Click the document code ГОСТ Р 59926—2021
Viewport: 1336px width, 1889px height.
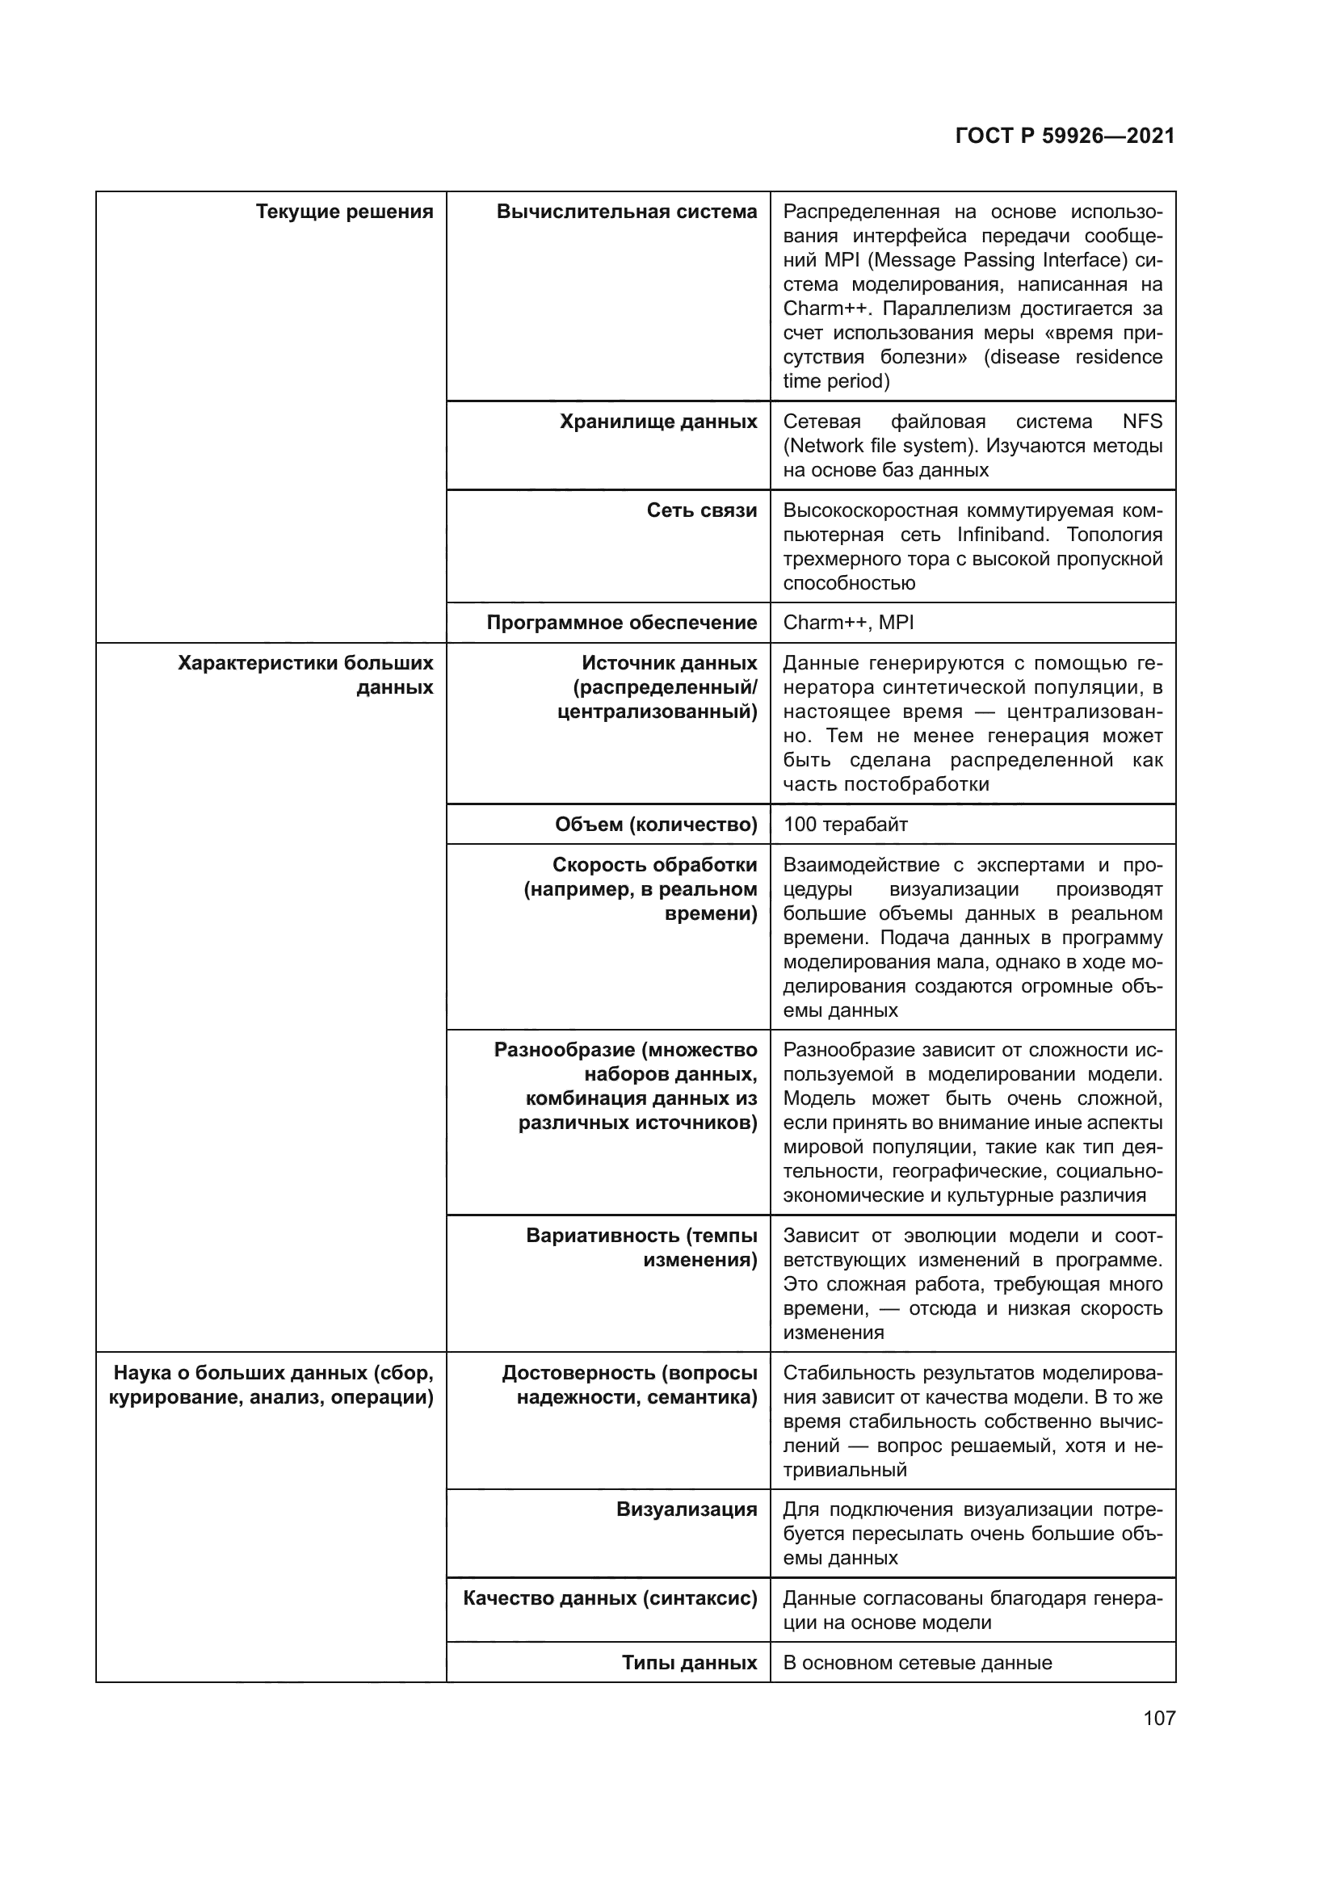pos(1065,136)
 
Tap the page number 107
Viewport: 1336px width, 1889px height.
pos(1158,1718)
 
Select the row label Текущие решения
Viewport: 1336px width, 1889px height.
pos(344,212)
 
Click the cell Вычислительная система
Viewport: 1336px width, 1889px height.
pos(626,212)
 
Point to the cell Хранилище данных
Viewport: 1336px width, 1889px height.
pos(657,422)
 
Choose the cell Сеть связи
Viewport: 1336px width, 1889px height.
pos(701,511)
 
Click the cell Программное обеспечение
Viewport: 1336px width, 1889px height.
pos(621,623)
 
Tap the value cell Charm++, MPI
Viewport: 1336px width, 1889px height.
pos(847,623)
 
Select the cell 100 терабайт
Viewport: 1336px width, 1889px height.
pos(845,825)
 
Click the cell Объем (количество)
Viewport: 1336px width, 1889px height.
pos(656,825)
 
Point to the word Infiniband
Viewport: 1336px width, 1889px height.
pos(1003,535)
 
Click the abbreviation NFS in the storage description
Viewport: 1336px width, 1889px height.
pos(1142,422)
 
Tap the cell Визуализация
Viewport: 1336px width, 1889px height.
pos(686,1509)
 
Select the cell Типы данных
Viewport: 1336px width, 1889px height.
pos(688,1663)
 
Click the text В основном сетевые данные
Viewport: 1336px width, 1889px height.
pos(917,1663)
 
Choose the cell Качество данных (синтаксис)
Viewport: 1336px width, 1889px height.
pos(610,1598)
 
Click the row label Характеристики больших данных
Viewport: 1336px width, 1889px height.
pos(305,675)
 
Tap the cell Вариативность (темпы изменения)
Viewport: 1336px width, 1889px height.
pos(641,1248)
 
